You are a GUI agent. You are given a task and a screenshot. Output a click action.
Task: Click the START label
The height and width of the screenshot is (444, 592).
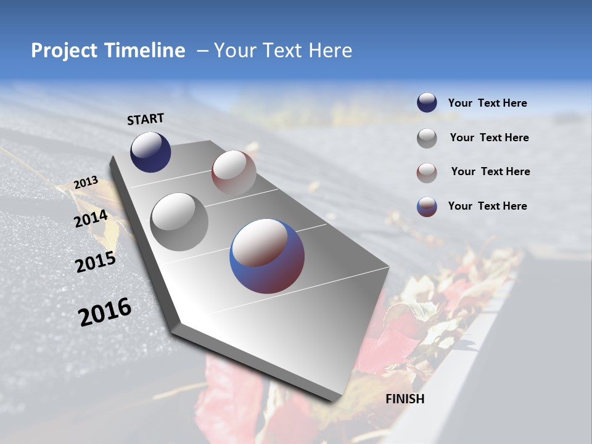(x=146, y=119)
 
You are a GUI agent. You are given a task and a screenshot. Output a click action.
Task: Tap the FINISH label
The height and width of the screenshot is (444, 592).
(x=405, y=399)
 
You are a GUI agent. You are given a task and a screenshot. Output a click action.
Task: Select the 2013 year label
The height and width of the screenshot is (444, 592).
(x=86, y=183)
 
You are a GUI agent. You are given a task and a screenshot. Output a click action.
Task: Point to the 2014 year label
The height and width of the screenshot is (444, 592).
(x=91, y=219)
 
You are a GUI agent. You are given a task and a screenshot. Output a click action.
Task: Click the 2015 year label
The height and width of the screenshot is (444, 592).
(x=96, y=263)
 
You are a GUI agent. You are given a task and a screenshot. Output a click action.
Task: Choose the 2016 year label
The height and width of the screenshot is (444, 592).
(x=105, y=312)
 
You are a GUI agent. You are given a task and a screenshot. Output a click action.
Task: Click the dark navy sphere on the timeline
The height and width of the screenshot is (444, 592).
(x=150, y=152)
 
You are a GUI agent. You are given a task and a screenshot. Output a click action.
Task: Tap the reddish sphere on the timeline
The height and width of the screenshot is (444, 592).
(x=234, y=173)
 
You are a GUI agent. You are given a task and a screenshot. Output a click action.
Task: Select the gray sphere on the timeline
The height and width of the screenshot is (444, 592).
(x=179, y=221)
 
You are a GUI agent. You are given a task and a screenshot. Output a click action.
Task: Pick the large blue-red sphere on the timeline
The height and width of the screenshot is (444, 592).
(x=267, y=256)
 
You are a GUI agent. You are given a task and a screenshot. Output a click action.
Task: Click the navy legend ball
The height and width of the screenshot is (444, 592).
(x=427, y=103)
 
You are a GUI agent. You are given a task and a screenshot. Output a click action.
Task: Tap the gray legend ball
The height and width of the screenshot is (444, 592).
(x=427, y=138)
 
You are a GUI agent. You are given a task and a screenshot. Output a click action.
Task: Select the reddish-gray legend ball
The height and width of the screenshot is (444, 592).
(x=427, y=172)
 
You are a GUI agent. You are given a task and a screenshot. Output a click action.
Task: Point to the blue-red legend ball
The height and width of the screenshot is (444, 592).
(x=427, y=207)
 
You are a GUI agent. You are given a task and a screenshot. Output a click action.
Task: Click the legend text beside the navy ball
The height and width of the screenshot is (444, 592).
(x=487, y=104)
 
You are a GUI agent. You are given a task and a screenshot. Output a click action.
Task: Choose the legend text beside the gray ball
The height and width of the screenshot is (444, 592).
(x=489, y=138)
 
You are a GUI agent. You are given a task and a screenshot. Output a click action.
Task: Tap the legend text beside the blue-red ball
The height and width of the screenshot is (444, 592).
(x=487, y=206)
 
